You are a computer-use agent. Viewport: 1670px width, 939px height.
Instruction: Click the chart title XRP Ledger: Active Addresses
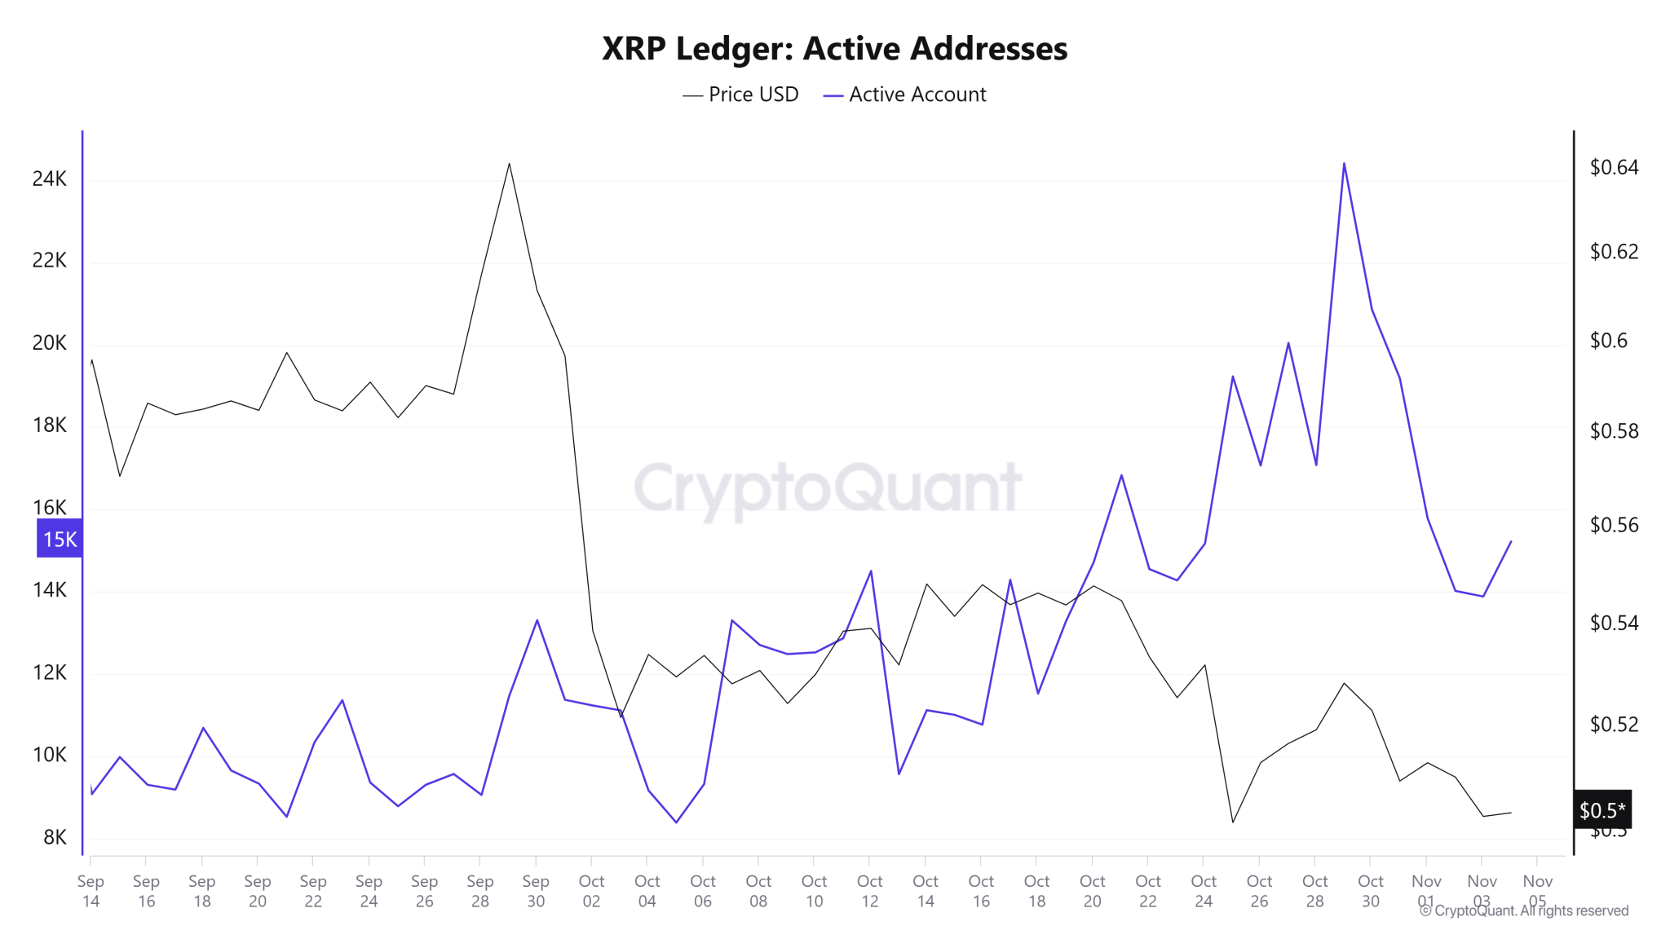click(834, 49)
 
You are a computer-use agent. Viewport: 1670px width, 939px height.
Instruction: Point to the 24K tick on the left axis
click(50, 179)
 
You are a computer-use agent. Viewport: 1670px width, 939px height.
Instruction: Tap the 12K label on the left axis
click(50, 672)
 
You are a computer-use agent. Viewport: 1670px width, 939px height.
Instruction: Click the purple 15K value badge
click(60, 539)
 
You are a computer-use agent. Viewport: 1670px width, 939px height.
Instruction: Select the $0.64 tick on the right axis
click(1614, 167)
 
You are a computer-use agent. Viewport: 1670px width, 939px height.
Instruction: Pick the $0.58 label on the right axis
click(1614, 431)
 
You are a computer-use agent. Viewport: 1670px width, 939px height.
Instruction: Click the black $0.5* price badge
click(1602, 810)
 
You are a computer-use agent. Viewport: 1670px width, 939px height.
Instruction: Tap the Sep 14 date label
click(91, 891)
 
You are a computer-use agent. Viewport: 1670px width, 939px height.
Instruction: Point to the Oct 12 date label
click(870, 891)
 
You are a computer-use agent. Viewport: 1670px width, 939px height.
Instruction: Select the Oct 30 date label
click(1371, 891)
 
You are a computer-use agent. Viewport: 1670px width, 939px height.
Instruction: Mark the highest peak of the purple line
click(1344, 164)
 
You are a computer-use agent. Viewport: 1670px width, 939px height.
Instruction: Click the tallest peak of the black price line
click(509, 164)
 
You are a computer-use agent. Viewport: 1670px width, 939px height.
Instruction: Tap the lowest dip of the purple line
click(676, 822)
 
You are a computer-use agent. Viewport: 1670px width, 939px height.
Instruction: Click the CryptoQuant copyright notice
click(1525, 910)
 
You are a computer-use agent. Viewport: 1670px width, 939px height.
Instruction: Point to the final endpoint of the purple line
click(1511, 541)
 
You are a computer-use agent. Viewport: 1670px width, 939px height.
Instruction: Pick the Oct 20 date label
click(1093, 891)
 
